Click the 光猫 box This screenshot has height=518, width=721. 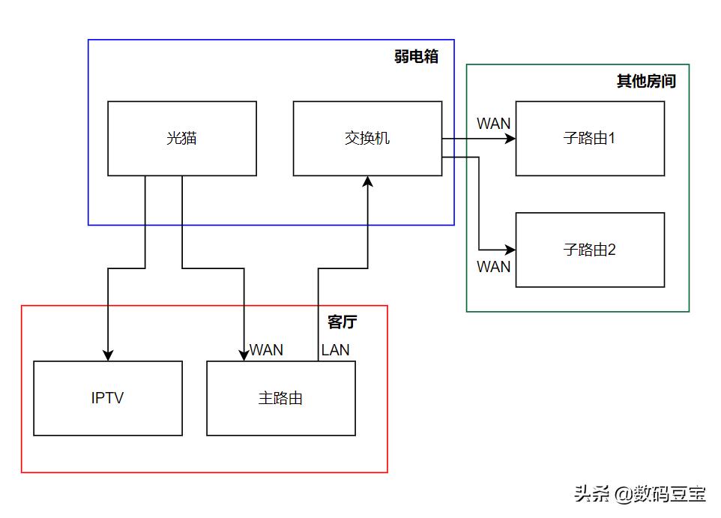click(x=182, y=139)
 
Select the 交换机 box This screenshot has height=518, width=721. click(x=367, y=139)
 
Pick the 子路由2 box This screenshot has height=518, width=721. click(x=590, y=250)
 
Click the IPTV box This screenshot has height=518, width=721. click(x=108, y=398)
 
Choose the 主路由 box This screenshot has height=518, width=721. click(x=280, y=398)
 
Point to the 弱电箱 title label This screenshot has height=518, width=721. click(x=416, y=57)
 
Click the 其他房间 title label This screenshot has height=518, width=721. click(x=646, y=81)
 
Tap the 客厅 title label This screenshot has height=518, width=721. click(x=342, y=322)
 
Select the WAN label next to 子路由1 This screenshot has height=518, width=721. click(x=493, y=124)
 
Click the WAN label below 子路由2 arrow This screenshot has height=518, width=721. click(x=493, y=266)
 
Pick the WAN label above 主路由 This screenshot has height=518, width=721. click(x=266, y=349)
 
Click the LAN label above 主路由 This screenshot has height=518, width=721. click(x=335, y=349)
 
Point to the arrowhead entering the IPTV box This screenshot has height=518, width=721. click(x=108, y=355)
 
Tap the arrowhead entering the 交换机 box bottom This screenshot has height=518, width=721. click(x=368, y=182)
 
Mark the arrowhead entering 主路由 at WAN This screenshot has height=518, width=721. click(x=244, y=355)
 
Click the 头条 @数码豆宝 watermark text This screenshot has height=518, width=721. click(x=640, y=493)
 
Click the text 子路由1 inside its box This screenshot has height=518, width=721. click(x=590, y=139)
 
